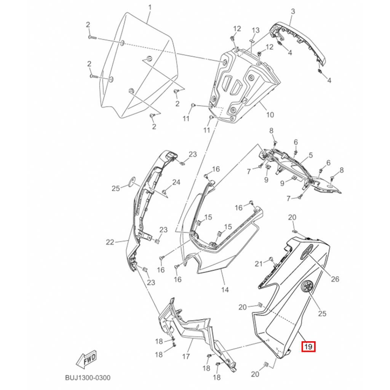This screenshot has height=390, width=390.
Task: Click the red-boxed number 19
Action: (308, 347)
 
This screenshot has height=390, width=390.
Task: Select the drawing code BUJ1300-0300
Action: (88, 378)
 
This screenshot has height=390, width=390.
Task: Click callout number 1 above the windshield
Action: (150, 8)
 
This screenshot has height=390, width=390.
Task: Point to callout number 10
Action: (270, 115)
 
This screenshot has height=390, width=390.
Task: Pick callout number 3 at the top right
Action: (293, 11)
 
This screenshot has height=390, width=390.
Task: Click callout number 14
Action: (225, 289)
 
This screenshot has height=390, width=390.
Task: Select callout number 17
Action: (186, 356)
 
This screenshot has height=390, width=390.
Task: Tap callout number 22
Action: (110, 242)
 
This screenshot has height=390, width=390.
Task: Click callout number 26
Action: (335, 279)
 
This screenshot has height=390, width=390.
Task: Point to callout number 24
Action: (176, 182)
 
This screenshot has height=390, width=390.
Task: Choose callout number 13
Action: (256, 30)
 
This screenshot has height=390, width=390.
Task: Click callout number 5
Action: (311, 155)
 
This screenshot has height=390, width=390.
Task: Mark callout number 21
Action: (259, 264)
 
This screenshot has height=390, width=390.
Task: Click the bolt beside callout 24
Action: (164, 192)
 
